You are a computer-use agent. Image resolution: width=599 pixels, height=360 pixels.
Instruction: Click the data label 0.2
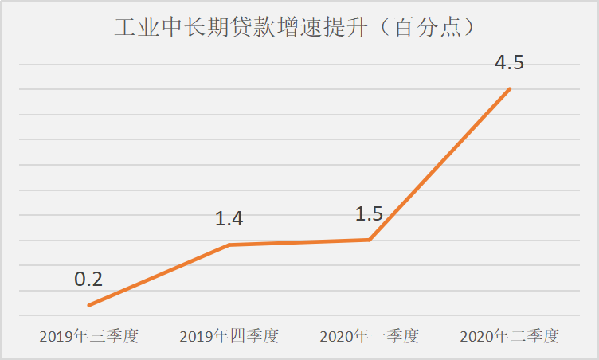pos(88,280)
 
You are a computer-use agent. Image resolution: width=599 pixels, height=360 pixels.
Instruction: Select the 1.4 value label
pos(229,219)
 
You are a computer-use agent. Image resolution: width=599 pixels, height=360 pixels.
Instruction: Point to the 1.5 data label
pos(369,213)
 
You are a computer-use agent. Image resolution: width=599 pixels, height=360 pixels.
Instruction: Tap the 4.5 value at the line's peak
pos(509,62)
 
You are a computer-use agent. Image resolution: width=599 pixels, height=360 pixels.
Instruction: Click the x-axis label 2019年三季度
pos(89,336)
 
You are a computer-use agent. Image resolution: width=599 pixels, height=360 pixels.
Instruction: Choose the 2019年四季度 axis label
pos(229,336)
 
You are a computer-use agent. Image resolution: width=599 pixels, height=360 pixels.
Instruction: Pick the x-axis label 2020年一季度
pos(369,336)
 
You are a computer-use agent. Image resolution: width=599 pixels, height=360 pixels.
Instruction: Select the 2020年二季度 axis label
pos(509,336)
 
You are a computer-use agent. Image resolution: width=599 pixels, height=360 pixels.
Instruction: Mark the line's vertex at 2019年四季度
pos(229,245)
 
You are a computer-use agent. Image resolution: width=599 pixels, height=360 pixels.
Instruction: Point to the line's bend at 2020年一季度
pos(370,240)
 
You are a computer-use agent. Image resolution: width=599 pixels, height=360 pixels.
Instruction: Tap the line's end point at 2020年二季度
pos(510,88)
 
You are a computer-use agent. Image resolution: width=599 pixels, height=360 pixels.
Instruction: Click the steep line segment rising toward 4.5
pos(440,164)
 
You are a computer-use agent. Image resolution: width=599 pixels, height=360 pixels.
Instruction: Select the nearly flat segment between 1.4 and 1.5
pos(299,242)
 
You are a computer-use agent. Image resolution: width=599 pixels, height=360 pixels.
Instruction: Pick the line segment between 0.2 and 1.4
pos(159,275)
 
